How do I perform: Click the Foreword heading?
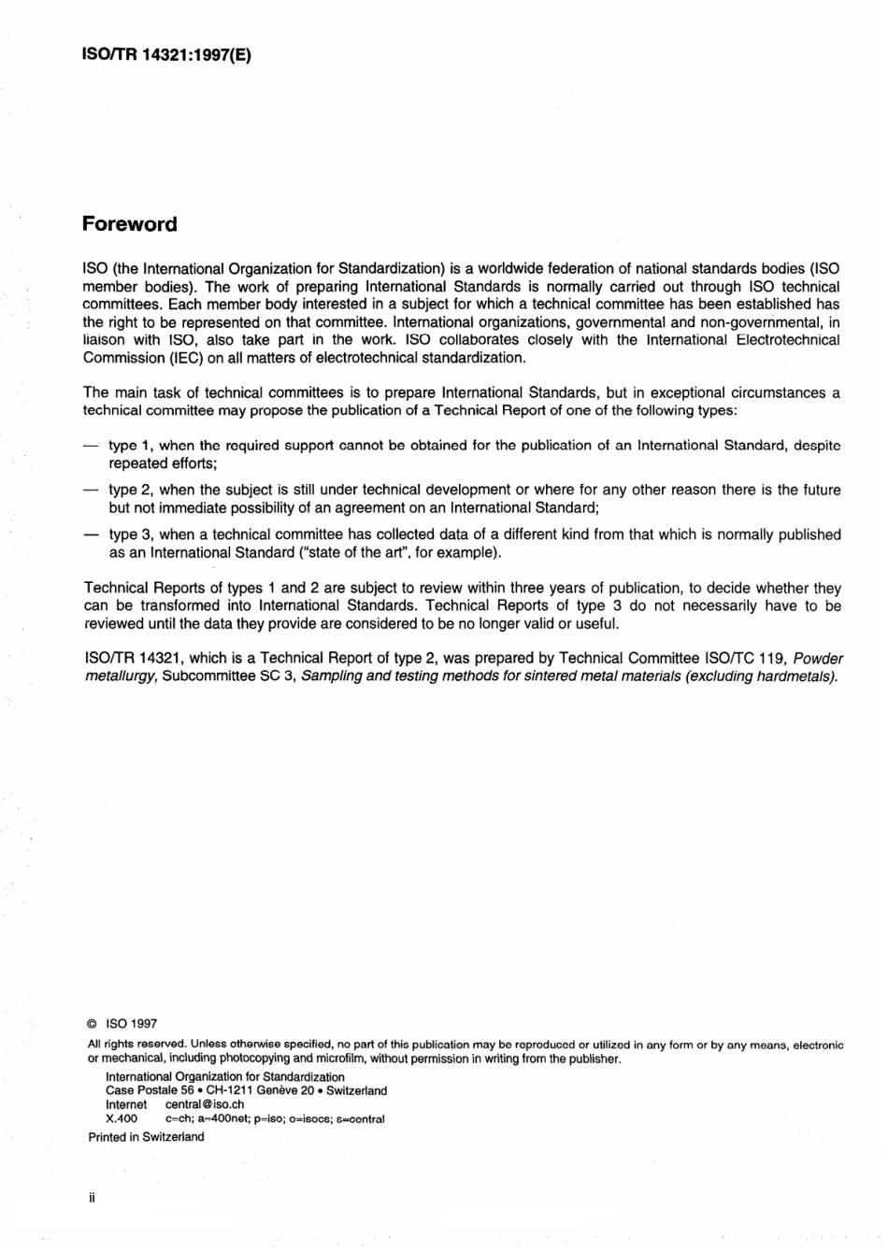pos(130,224)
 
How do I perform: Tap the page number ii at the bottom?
pos(92,1197)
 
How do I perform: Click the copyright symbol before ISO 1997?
pos(93,1024)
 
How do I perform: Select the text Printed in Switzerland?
pos(146,1137)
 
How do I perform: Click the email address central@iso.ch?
pos(205,1104)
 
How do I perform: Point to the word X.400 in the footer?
pos(122,1118)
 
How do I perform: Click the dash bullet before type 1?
pos(91,446)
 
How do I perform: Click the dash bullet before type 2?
pos(91,490)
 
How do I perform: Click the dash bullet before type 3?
pos(91,535)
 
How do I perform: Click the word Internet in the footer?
pos(126,1104)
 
